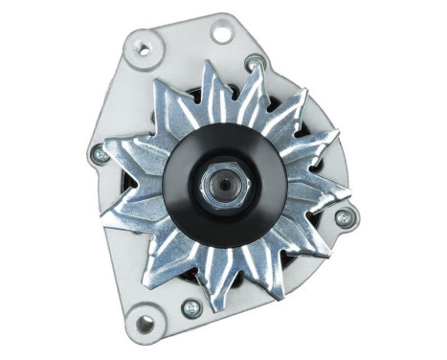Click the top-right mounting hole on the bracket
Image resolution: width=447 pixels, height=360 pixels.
[222, 33]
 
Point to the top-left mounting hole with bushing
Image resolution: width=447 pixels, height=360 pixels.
[145, 47]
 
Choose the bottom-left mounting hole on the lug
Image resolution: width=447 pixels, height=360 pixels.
[145, 325]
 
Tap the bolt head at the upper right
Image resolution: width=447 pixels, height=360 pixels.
[255, 64]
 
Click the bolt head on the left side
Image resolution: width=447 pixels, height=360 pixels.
[99, 152]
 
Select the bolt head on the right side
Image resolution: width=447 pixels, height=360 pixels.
[345, 217]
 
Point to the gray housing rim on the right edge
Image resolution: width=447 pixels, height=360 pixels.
[346, 172]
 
